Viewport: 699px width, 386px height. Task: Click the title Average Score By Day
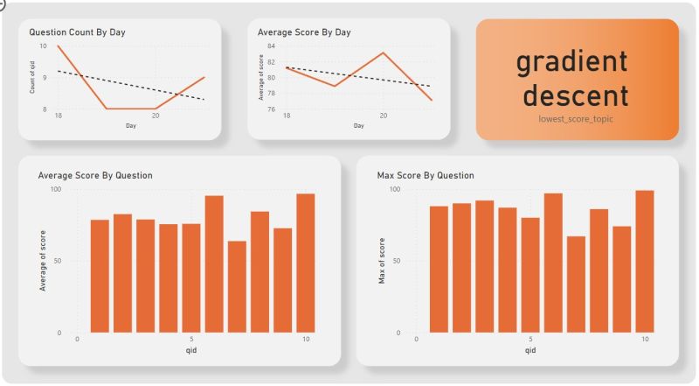coord(304,32)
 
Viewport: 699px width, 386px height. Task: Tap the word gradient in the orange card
coord(571,61)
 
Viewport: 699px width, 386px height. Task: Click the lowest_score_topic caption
coord(576,118)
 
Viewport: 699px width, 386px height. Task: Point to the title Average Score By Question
coord(95,175)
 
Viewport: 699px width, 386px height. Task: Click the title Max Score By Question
coord(426,175)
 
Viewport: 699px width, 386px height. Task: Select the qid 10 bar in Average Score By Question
coord(305,263)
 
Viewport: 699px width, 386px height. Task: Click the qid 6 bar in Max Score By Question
coord(553,263)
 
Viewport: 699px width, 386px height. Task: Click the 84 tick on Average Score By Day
coord(272,46)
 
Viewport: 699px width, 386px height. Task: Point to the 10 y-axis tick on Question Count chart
coord(44,46)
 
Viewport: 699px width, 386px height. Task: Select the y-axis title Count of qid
coord(33,77)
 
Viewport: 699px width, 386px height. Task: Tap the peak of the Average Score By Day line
coord(383,53)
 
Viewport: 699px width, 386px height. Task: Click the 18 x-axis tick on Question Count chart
coord(58,116)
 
